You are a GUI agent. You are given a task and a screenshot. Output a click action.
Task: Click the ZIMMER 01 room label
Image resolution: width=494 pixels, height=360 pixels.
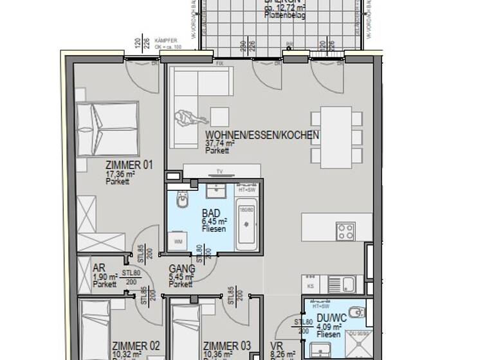click(129, 165)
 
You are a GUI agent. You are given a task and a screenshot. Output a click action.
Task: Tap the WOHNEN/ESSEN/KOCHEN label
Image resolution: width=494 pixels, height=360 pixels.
click(262, 136)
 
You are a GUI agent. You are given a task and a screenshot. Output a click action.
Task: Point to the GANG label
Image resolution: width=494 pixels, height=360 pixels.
click(181, 269)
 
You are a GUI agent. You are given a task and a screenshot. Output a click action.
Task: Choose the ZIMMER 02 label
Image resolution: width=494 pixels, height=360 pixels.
click(136, 346)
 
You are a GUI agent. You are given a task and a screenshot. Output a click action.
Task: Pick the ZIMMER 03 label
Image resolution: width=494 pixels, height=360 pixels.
click(226, 346)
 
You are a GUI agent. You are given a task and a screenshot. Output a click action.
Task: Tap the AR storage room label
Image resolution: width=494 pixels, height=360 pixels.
click(99, 269)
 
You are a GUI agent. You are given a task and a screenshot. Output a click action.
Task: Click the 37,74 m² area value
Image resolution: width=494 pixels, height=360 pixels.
click(219, 144)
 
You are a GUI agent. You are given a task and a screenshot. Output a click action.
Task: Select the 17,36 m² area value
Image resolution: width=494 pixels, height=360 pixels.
click(120, 174)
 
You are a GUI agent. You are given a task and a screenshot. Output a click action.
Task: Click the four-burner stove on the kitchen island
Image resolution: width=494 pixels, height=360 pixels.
click(345, 231)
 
